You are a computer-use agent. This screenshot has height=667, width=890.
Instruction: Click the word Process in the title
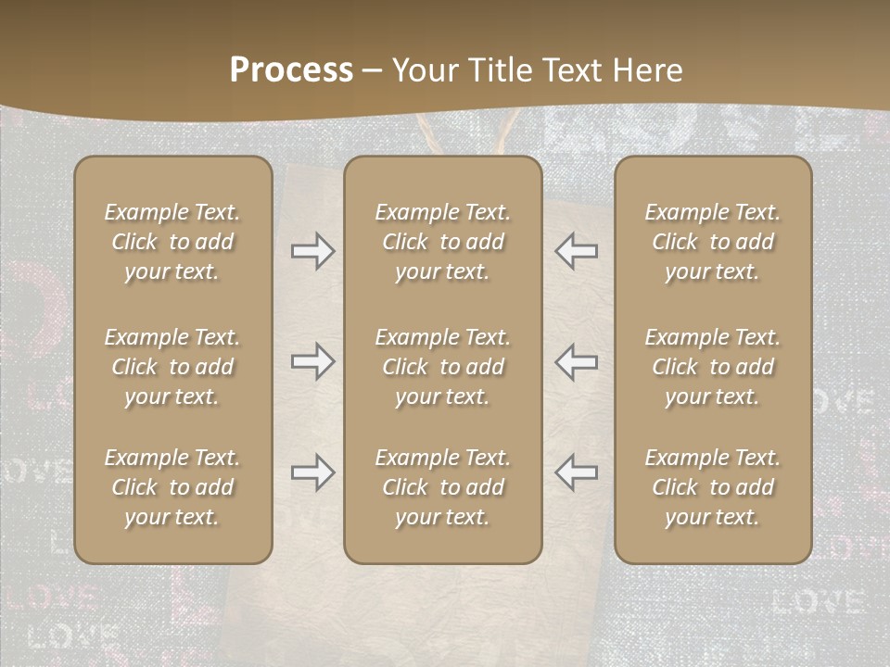291,70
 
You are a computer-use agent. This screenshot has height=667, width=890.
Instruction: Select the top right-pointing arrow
313,251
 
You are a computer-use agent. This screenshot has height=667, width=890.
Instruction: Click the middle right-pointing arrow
313,362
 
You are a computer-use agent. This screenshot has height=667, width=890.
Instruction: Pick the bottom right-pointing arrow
313,472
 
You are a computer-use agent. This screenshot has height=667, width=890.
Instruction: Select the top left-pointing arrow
577,251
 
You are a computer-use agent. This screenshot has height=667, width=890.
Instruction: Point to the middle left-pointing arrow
577,362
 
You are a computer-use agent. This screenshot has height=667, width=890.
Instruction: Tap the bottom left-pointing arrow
577,472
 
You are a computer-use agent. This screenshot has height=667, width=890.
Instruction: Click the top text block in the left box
172,242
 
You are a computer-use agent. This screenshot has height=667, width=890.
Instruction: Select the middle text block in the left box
172,367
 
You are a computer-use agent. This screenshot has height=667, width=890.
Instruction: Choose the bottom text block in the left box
172,487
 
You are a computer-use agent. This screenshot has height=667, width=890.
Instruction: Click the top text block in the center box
443,242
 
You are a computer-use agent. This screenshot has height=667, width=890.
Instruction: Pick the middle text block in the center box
443,367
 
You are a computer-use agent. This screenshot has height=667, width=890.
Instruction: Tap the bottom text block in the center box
443,487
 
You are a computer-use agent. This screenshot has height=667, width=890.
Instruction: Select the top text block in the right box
713,242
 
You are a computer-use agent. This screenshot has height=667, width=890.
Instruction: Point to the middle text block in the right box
713,367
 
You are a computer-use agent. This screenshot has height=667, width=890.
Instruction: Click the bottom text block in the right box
713,487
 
